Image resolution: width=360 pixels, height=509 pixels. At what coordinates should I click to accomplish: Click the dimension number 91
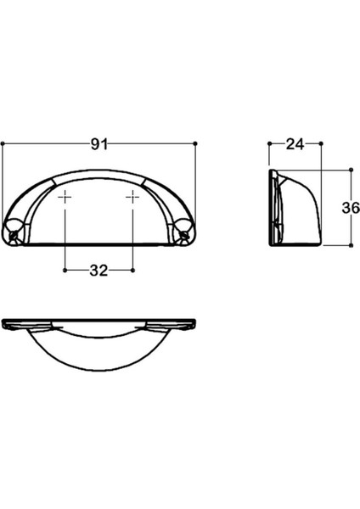pos(100,143)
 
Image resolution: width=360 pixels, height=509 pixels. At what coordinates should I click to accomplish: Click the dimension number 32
pos(98,271)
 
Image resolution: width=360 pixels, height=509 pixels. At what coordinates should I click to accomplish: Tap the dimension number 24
pos(295,143)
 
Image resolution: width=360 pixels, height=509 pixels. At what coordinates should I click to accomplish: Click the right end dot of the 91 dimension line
pos(196,143)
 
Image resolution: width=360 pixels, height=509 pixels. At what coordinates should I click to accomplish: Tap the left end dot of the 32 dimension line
pos(66,271)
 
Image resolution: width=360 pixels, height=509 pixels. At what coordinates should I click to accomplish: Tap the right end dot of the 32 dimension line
pos(132,271)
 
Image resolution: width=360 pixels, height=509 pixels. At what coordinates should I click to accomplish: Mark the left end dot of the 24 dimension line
pos(270,143)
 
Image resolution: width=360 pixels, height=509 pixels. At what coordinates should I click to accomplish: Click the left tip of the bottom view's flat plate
pos(4,323)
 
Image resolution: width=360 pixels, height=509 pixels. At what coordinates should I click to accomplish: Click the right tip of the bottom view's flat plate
pos(195,323)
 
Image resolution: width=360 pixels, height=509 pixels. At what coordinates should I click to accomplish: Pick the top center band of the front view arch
pos(99,176)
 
